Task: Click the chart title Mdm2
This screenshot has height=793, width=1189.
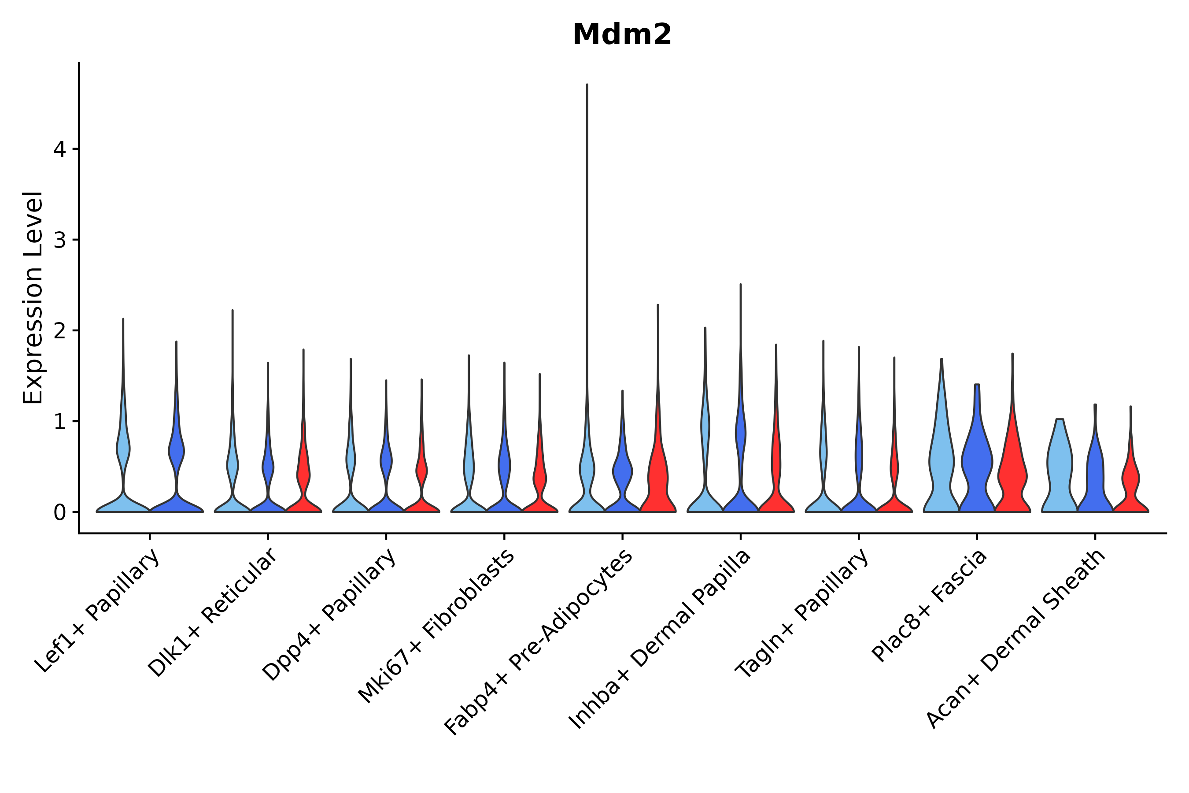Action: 622,35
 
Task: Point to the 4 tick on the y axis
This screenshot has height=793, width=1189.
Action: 59,149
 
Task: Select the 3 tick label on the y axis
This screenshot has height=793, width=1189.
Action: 59,240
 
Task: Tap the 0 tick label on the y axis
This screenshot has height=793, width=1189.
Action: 59,513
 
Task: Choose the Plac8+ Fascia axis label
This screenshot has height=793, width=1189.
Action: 929,605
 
